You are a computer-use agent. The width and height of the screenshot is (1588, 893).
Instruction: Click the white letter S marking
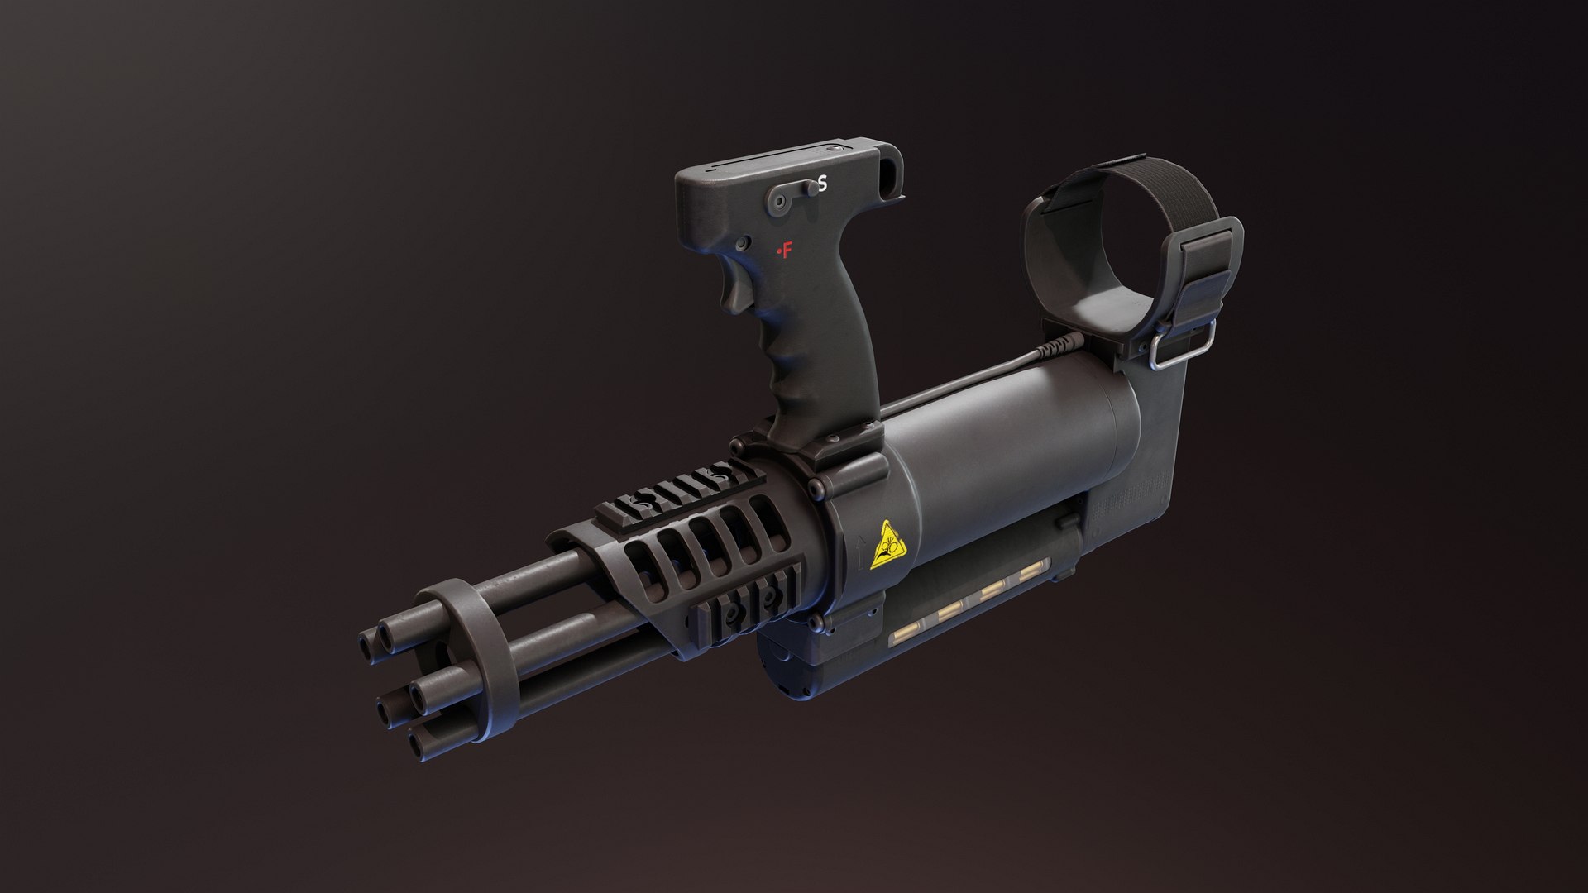[822, 184]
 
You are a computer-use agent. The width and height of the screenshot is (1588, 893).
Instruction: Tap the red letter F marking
[786, 250]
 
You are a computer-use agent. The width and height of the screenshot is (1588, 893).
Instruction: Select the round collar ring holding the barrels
[467, 653]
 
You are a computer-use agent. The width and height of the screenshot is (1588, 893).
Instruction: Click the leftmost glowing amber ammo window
[904, 638]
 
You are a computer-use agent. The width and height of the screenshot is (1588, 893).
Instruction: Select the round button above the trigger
[743, 243]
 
